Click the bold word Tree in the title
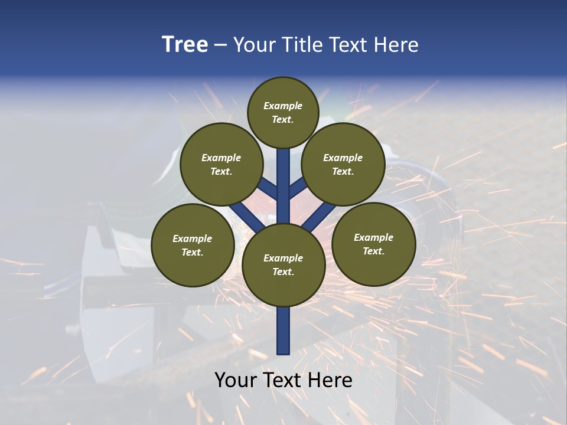pyautogui.click(x=185, y=45)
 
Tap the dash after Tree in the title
pyautogui.click(x=220, y=45)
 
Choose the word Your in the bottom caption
pyautogui.click(x=236, y=380)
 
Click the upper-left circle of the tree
pyautogui.click(x=221, y=164)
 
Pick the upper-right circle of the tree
pyautogui.click(x=343, y=164)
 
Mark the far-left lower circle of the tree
pyautogui.click(x=193, y=245)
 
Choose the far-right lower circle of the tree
pyautogui.click(x=373, y=244)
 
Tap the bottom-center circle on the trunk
pyautogui.click(x=283, y=264)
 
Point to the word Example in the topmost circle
pyautogui.click(x=283, y=106)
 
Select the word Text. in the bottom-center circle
pyautogui.click(x=283, y=272)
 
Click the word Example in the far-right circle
pyautogui.click(x=373, y=237)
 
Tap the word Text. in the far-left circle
pyautogui.click(x=193, y=253)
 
